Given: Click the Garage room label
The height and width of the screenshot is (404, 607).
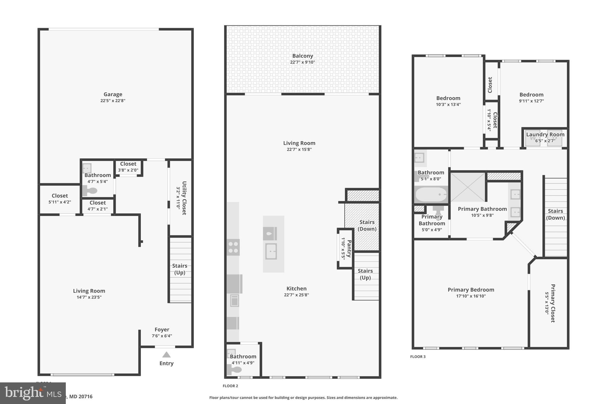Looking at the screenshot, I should (113, 94).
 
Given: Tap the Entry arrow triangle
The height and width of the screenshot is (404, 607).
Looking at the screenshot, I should (166, 355).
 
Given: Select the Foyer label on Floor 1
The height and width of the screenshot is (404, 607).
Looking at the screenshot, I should (162, 330).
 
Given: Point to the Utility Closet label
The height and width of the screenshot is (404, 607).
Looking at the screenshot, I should (184, 198).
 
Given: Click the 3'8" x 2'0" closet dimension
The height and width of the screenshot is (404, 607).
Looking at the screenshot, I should (128, 170).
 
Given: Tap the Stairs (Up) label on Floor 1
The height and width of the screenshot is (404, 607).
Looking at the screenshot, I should (180, 269).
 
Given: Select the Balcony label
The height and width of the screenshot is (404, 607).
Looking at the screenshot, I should (302, 56).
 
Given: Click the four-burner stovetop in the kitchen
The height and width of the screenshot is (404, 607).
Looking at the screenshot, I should (233, 247).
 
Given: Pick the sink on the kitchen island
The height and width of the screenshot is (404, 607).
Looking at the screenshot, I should (271, 251).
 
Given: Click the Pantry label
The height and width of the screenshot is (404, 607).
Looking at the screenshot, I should (349, 249).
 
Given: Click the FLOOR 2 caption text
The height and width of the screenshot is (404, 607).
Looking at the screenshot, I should (230, 386).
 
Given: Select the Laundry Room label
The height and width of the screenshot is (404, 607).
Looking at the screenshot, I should (545, 135).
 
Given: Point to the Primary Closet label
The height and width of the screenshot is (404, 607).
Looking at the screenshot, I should (553, 303).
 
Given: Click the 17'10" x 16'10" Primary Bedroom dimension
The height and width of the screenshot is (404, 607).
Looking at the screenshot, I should (471, 296).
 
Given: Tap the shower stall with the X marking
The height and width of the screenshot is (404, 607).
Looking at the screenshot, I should (468, 187).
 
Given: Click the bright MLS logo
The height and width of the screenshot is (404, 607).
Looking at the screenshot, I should (33, 393).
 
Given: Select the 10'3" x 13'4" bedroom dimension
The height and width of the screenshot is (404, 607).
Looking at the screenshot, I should (448, 104).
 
